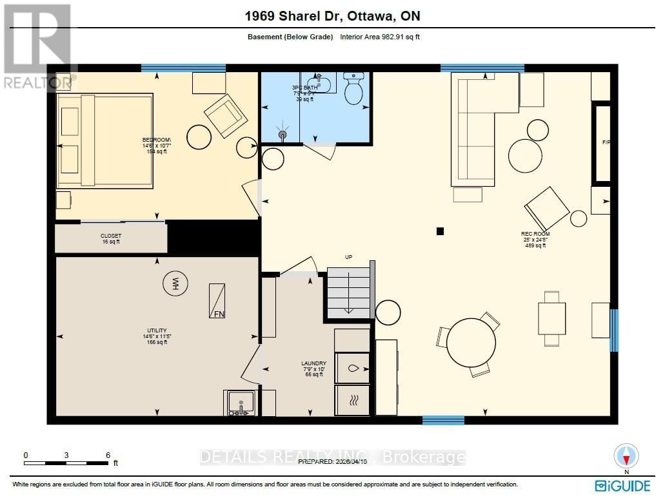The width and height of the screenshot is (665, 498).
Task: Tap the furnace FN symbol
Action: pyautogui.click(x=216, y=300)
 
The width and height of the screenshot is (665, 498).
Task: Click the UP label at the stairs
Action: pyautogui.click(x=348, y=257)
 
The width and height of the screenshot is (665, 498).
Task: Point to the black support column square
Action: pyautogui.click(x=441, y=231)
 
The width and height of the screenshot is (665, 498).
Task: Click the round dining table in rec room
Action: pyautogui.click(x=471, y=343)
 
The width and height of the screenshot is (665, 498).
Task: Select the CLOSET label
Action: pyautogui.click(x=110, y=236)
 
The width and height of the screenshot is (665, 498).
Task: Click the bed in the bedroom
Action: pyautogui.click(x=105, y=140)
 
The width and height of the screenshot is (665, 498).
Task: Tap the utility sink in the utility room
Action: pyautogui.click(x=241, y=403)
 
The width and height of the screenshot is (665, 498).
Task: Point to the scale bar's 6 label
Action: pyautogui.click(x=108, y=455)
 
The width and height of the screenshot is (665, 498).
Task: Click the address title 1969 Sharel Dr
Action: pyautogui.click(x=332, y=15)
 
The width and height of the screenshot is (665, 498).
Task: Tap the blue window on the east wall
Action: pyautogui.click(x=614, y=330)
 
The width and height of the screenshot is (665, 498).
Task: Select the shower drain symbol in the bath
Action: pyautogui.click(x=283, y=135)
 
